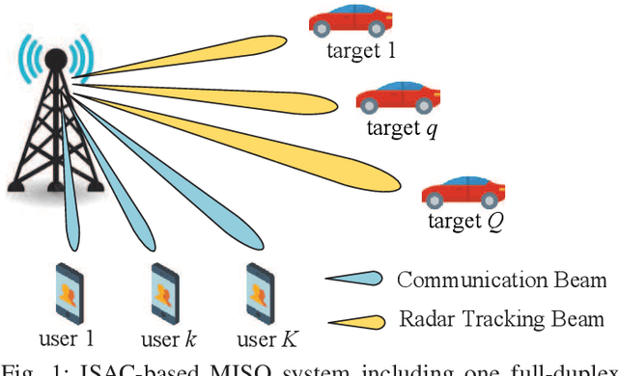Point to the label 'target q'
401,128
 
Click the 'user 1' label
68,338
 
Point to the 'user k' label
159,338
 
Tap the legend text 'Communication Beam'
501,281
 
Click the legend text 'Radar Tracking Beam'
501,319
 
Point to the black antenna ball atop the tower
54,58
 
